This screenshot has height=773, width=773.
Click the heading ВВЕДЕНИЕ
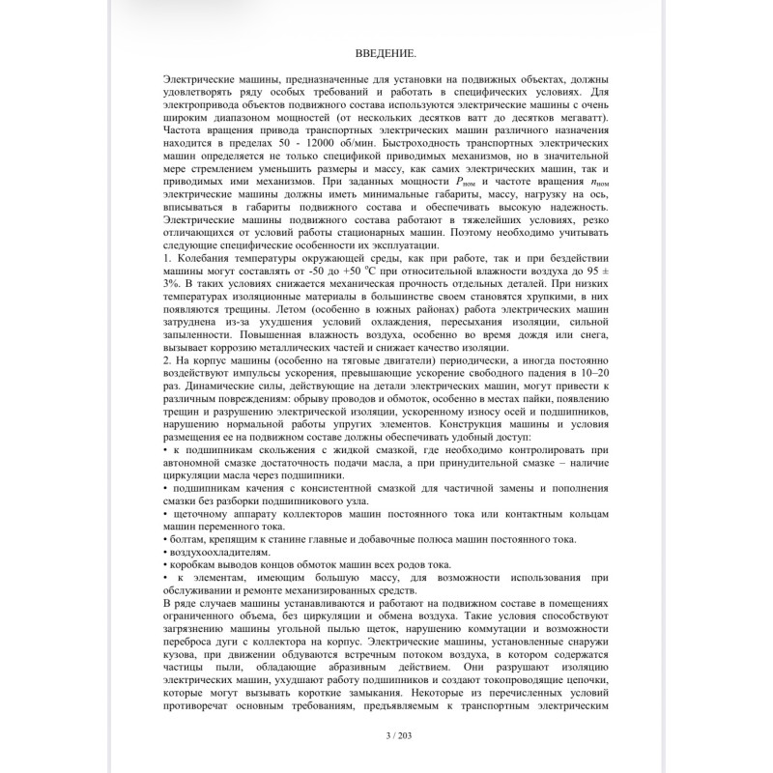click(x=386, y=52)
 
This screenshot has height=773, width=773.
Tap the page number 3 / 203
click(x=386, y=737)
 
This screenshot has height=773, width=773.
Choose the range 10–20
click(x=590, y=372)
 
